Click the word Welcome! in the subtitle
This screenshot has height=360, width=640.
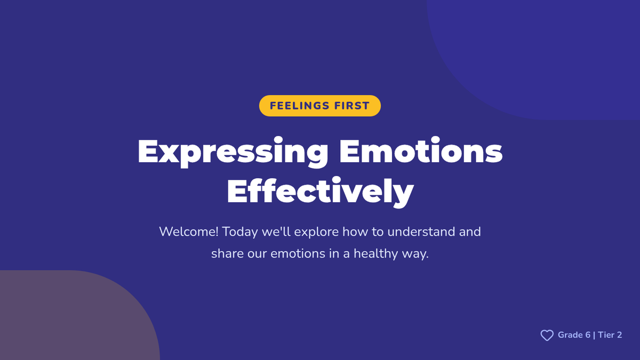[189, 231]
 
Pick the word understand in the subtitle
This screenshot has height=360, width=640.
[421, 231]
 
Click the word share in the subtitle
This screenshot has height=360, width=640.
[227, 254]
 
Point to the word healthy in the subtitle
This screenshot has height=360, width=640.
[375, 254]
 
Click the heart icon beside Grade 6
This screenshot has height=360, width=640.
[547, 335]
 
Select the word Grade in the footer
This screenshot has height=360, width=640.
[570, 335]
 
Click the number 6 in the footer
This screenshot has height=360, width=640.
[588, 335]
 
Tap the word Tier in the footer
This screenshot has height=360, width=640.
[606, 335]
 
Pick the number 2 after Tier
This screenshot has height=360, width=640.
[619, 335]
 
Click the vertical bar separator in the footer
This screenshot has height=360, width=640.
[594, 335]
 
